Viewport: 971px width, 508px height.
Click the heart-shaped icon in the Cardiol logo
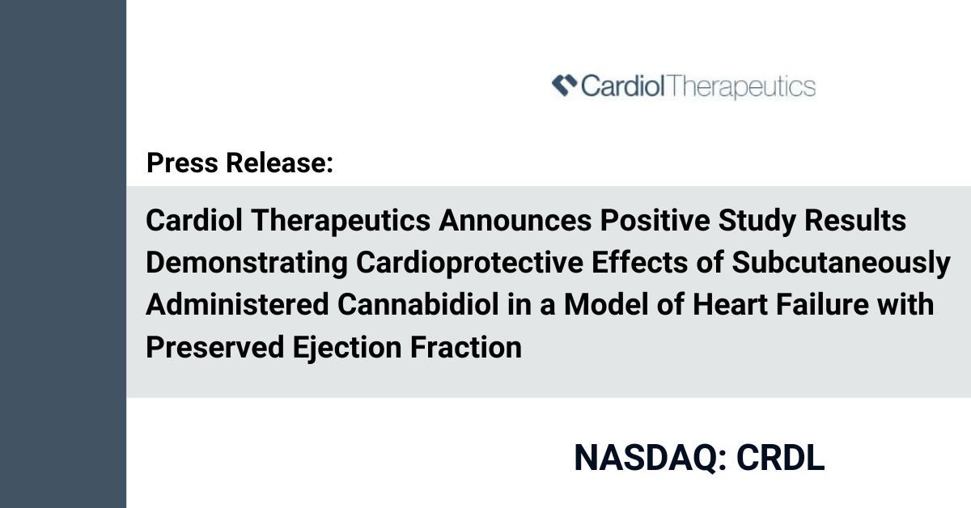[x=565, y=85]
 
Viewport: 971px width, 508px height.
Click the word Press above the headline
[x=183, y=163]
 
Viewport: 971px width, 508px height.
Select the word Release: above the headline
[x=280, y=163]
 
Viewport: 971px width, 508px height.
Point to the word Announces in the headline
[x=515, y=220]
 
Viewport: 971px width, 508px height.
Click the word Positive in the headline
[x=655, y=220]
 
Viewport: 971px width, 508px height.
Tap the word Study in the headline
[x=757, y=221]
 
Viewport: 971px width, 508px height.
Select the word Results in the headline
[x=855, y=220]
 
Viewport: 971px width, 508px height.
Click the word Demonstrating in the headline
[x=247, y=264]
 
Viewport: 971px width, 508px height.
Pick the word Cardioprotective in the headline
[x=470, y=264]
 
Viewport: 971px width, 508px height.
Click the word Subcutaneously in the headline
[x=841, y=264]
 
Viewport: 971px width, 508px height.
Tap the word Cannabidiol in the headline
[x=418, y=304]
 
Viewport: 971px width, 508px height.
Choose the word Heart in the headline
[x=731, y=304]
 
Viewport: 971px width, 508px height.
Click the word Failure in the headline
[x=822, y=304]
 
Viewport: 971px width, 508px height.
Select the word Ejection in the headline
[x=347, y=348]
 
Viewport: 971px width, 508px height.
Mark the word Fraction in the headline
[x=466, y=347]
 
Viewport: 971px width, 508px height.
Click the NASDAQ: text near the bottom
[x=651, y=458]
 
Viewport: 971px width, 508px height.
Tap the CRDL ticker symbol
[x=781, y=458]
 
